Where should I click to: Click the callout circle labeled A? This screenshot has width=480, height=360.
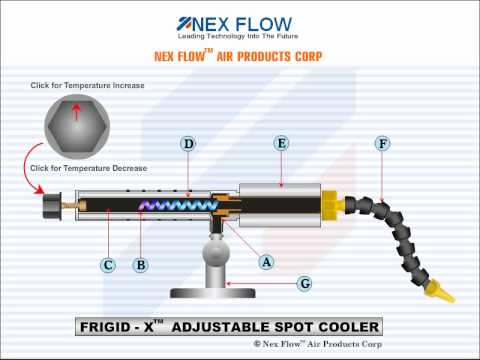pyautogui.click(x=266, y=262)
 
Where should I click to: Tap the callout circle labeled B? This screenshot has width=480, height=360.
pyautogui.click(x=141, y=265)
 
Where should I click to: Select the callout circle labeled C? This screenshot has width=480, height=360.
pyautogui.click(x=108, y=265)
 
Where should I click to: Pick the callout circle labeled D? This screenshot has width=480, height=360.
pyautogui.click(x=188, y=144)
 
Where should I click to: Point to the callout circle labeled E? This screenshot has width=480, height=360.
pyautogui.click(x=281, y=143)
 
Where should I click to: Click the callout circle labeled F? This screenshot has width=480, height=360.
pyautogui.click(x=382, y=144)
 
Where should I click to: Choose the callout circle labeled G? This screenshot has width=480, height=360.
pyautogui.click(x=305, y=284)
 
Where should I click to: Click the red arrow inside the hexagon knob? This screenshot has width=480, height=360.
pyautogui.click(x=77, y=111)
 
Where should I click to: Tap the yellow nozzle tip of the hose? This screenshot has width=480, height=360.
pyautogui.click(x=439, y=291)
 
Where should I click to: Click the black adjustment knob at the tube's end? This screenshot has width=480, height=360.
pyautogui.click(x=52, y=206)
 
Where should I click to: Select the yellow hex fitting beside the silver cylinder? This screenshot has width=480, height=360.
pyautogui.click(x=333, y=206)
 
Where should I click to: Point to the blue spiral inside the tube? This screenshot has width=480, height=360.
pyautogui.click(x=177, y=205)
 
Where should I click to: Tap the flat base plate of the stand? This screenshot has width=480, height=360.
pyautogui.click(x=213, y=293)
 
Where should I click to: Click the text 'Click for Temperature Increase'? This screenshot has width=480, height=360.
pyautogui.click(x=87, y=85)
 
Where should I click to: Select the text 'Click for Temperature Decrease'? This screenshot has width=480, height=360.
pyautogui.click(x=89, y=168)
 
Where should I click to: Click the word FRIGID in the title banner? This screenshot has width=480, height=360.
pyautogui.click(x=105, y=327)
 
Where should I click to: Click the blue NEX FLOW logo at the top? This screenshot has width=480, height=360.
pyautogui.click(x=235, y=24)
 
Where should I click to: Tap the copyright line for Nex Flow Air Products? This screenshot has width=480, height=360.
pyautogui.click(x=318, y=344)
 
